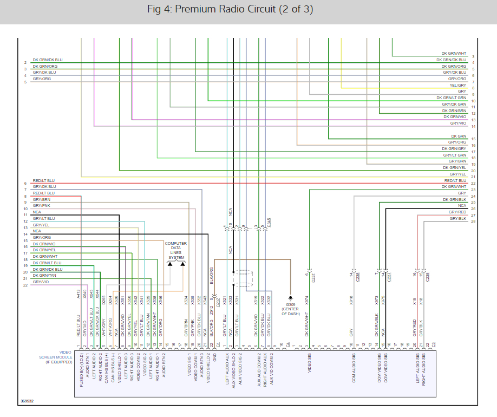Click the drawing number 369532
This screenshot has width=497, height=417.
27,401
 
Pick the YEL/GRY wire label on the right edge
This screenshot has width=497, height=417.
457,85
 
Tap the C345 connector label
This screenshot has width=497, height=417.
269,222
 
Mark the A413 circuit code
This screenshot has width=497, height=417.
79,294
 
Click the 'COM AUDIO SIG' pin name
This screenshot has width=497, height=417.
352,370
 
